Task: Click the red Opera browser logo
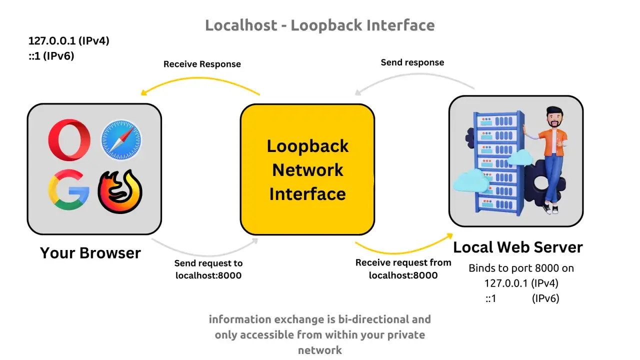[x=69, y=140]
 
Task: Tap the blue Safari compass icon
[x=121, y=139]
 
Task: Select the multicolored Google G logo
[x=68, y=190]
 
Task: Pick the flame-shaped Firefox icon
[x=120, y=191]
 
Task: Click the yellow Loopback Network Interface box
[x=307, y=169]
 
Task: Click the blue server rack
[x=498, y=163]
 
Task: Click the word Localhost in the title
[x=241, y=25]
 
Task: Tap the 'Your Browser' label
[x=90, y=253]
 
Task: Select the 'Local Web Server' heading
[x=517, y=247]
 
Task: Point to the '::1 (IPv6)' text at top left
[x=51, y=56]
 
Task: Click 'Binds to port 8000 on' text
[x=521, y=268]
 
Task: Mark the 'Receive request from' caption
[x=403, y=262]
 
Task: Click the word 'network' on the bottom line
[x=320, y=350]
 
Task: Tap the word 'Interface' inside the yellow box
[x=307, y=194]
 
